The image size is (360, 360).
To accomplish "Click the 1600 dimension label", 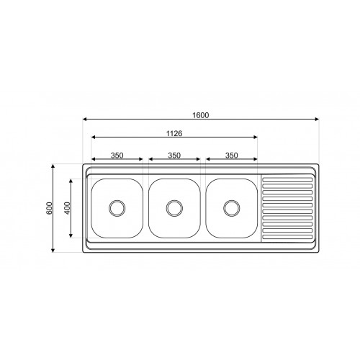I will (x=201, y=113).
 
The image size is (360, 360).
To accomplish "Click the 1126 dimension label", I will (x=174, y=133).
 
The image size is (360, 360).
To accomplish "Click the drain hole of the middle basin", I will (x=174, y=208).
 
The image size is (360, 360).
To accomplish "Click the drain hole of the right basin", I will (x=231, y=208).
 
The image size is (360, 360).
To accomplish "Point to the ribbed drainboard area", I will (x=286, y=208).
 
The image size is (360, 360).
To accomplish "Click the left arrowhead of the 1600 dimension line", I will (x=85, y=118).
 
